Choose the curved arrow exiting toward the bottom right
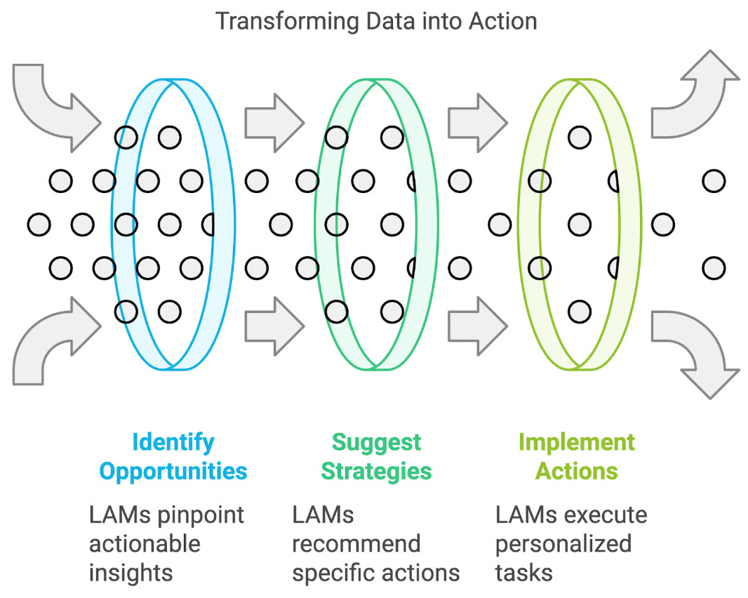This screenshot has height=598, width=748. [x=695, y=351]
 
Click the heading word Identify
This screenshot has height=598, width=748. [x=173, y=442]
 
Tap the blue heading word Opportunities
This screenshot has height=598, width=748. [x=173, y=470]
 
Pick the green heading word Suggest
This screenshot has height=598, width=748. [x=376, y=442]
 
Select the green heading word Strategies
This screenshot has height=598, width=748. [x=376, y=470]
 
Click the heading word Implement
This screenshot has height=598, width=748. [x=577, y=442]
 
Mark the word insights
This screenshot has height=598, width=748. [x=131, y=573]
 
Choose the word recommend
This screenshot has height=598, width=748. [x=356, y=544]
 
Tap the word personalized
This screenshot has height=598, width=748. [x=563, y=544]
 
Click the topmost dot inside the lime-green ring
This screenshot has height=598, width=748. [x=580, y=138]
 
